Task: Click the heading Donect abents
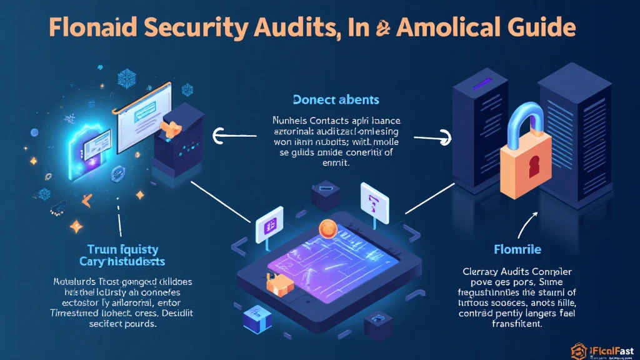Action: [335, 99]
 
